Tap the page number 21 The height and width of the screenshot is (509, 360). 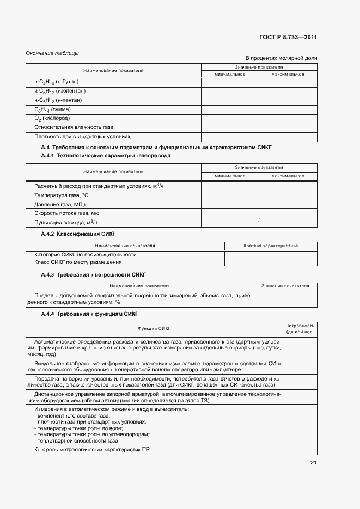click(313, 463)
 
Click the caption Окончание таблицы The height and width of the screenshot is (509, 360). click(52, 53)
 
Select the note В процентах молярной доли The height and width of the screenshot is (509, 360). click(281, 58)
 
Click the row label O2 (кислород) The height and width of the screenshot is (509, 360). click(52, 118)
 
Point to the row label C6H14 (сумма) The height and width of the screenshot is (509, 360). click(52, 109)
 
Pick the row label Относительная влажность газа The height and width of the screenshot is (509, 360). click(74, 127)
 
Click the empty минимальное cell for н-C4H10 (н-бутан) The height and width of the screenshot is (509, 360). click(230, 82)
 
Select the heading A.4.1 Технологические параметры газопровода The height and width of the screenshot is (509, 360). click(106, 156)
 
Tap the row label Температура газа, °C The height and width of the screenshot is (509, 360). click(61, 195)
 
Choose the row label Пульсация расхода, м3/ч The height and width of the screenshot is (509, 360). click(66, 223)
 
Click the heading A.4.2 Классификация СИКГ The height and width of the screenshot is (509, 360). click(78, 234)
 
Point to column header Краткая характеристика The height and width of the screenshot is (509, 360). click(271, 246)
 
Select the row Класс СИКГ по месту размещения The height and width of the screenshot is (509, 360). click(78, 262)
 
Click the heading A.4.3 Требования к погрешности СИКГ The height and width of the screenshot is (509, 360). click(94, 274)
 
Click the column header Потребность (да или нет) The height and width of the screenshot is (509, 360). click(300, 328)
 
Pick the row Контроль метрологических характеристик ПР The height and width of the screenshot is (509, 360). click(91, 450)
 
